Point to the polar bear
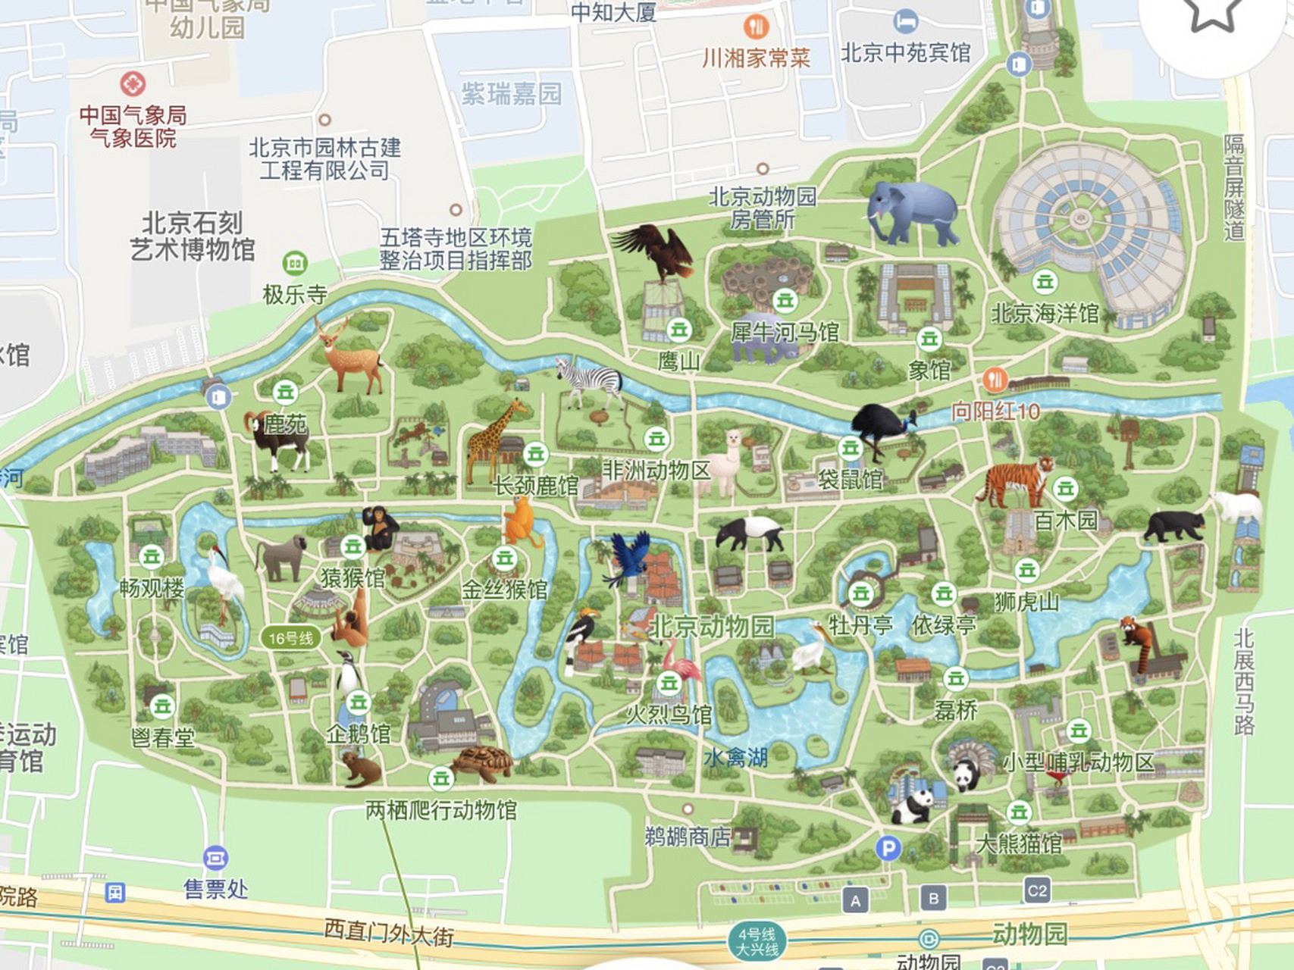(1237, 505)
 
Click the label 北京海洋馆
(1045, 314)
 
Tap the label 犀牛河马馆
(785, 332)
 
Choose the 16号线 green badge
(290, 638)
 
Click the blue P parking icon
(888, 848)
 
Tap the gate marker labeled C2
(1036, 890)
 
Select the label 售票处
(215, 888)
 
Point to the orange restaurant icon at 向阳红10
(995, 379)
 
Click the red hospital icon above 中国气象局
(133, 83)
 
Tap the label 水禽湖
(735, 757)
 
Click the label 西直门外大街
(389, 932)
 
